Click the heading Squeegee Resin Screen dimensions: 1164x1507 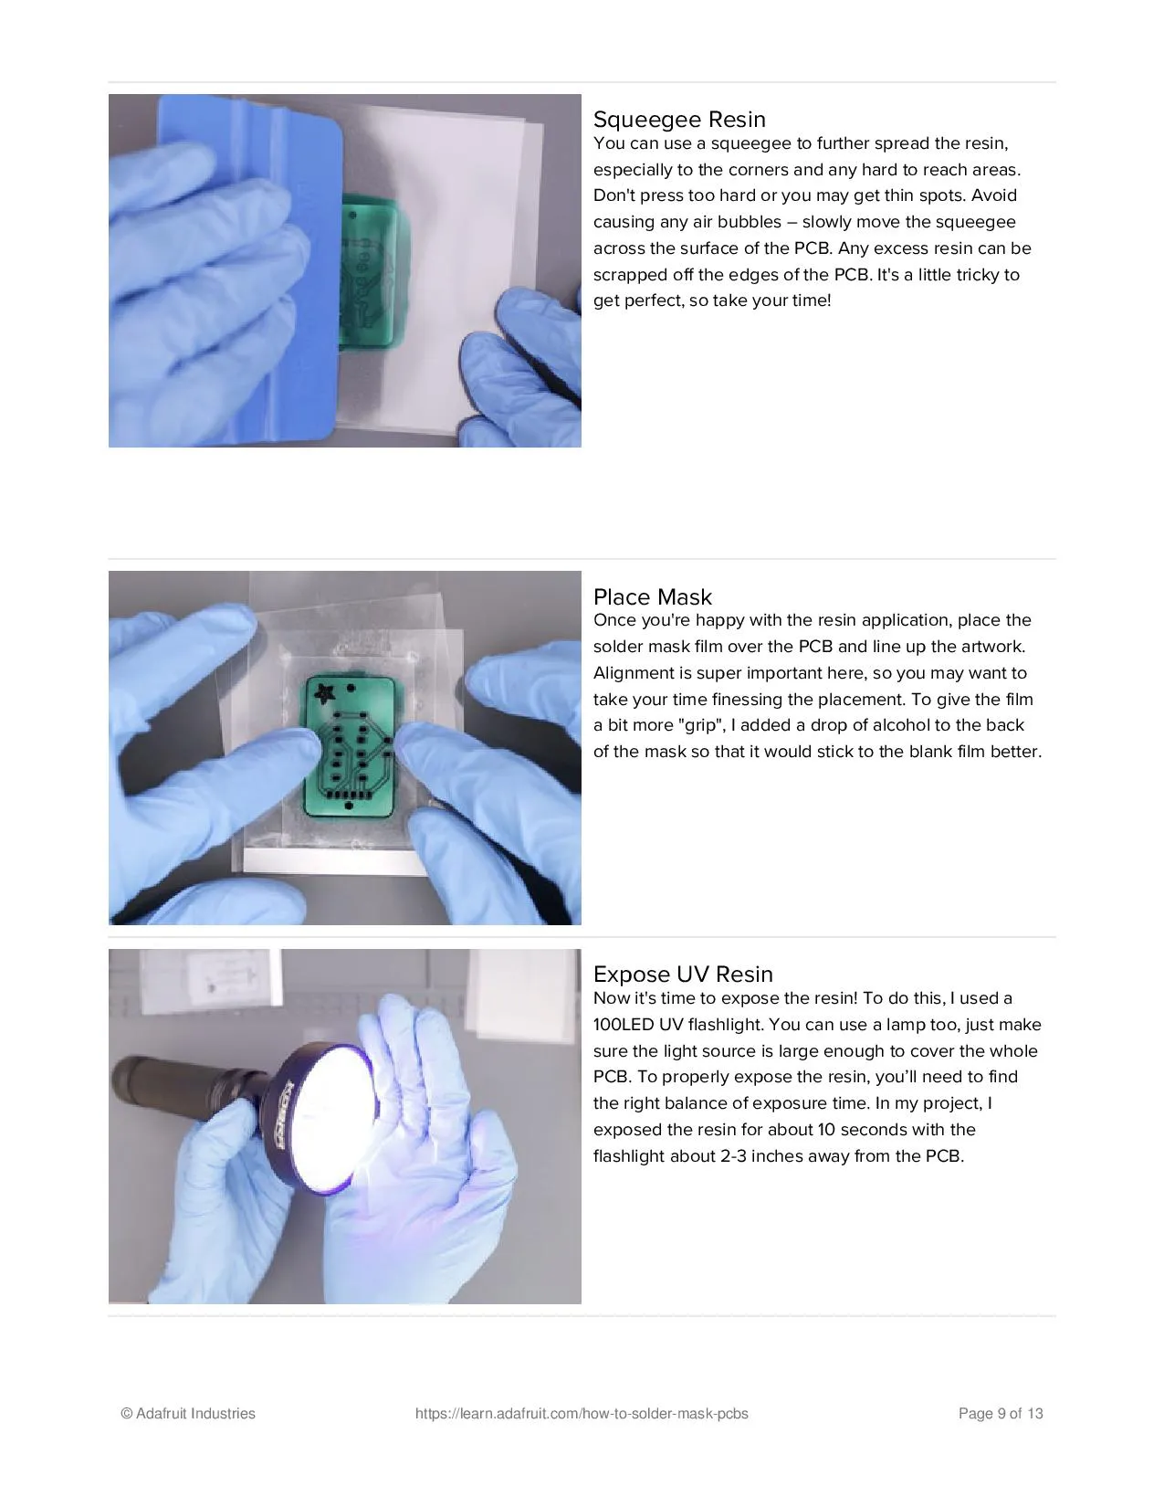pos(678,120)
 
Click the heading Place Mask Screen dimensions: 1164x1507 pos(653,596)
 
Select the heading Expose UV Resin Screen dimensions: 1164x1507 pos(683,974)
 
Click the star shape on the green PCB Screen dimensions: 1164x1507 pos(324,691)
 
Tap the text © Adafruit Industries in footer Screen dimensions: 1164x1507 pos(188,1413)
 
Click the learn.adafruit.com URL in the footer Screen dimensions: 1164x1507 pos(582,1413)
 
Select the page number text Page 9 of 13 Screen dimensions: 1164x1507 pos(1001,1413)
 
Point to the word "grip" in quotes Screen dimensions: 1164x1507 pos(698,725)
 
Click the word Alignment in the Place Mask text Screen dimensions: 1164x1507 pos(635,673)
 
